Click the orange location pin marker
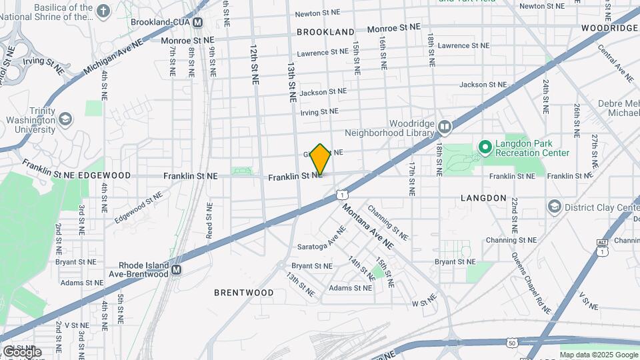(x=321, y=159)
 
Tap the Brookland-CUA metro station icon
(x=197, y=23)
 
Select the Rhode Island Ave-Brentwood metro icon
(x=176, y=269)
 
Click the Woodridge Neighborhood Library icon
(x=445, y=125)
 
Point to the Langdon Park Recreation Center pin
(x=485, y=145)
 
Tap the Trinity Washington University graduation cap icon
(x=65, y=119)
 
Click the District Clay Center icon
(x=553, y=207)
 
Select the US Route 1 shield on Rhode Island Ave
(x=341, y=194)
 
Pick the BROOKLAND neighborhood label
(x=325, y=32)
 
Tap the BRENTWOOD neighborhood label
(x=243, y=293)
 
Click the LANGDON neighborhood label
(x=483, y=199)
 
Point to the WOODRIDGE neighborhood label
(x=609, y=28)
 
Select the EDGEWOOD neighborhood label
(x=104, y=175)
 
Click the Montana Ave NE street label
(x=368, y=226)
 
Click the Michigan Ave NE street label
(x=113, y=57)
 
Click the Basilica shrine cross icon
(x=103, y=11)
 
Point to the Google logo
(x=21, y=351)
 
